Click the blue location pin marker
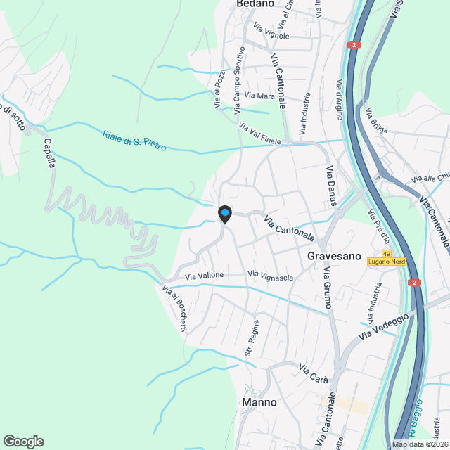coord(224,213)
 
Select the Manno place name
coord(259,403)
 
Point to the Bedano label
coord(255,4)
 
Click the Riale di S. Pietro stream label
coord(134,141)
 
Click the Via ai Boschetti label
coord(175,308)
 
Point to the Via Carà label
coord(314,373)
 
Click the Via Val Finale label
coord(259,134)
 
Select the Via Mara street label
coord(240,95)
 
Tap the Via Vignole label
coord(271,32)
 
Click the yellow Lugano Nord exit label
coord(387,262)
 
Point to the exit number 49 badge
coord(387,253)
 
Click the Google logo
coord(22,441)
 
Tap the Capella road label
coord(49,153)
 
